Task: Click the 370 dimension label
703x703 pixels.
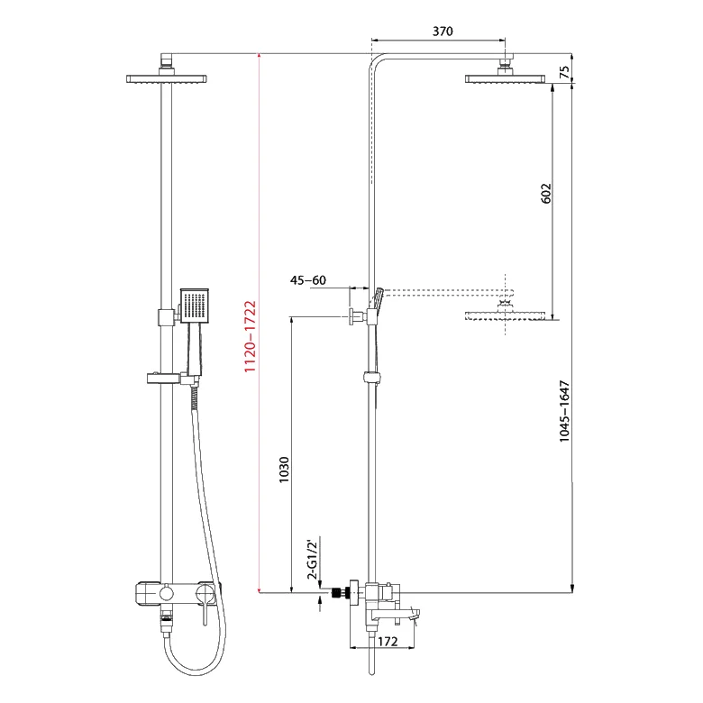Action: click(x=443, y=32)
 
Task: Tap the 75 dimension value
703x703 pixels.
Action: click(x=564, y=72)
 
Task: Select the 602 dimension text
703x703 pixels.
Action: click(x=546, y=193)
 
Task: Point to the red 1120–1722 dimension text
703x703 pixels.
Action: click(x=250, y=336)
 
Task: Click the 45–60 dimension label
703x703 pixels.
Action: click(x=308, y=280)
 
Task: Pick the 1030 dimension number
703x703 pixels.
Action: click(x=284, y=470)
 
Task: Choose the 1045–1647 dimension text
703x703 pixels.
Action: click(x=564, y=411)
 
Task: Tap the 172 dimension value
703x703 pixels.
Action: click(x=388, y=642)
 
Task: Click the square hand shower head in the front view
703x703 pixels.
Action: click(x=195, y=306)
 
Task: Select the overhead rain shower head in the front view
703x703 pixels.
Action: click(x=167, y=79)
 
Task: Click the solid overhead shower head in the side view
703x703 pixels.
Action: click(x=506, y=79)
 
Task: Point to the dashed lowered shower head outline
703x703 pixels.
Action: click(x=506, y=315)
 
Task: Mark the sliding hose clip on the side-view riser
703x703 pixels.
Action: click(x=371, y=378)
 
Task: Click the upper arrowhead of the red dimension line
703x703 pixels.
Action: click(x=259, y=57)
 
